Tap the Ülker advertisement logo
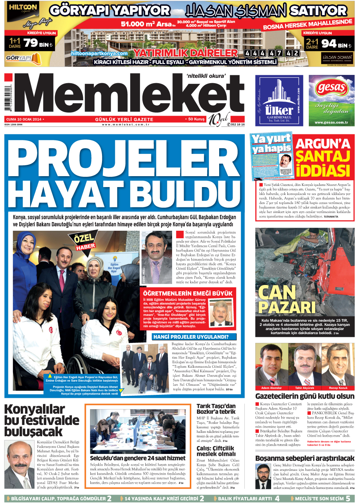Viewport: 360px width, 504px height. coord(279,110)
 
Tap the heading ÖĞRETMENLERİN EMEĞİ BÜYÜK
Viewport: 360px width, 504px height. coord(188,293)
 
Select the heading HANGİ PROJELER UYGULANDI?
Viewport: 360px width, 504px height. coord(191,337)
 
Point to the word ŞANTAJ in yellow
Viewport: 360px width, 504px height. coord(323,156)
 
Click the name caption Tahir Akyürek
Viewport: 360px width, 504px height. coord(304,388)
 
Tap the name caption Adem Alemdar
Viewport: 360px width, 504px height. coord(271,388)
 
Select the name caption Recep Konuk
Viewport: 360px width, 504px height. coord(338,388)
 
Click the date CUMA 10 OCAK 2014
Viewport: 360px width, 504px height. coord(24,119)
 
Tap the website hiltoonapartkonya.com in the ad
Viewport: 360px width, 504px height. coord(99,53)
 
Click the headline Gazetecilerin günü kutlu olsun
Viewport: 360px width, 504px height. coord(305,396)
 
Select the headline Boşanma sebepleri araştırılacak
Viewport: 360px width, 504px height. coord(305,458)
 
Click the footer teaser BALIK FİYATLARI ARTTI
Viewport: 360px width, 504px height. coord(245,498)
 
